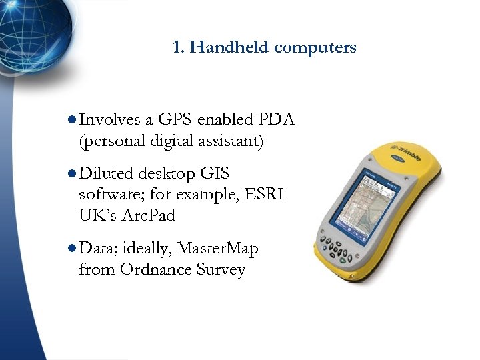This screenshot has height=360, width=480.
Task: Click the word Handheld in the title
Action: pos(229,47)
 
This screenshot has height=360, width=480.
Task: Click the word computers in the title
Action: pos(315,47)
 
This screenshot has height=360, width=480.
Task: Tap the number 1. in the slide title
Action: pos(178,47)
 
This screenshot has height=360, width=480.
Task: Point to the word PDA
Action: pos(277,119)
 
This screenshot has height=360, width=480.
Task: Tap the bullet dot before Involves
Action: pos(72,120)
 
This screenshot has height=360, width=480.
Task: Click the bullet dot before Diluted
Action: pos(72,175)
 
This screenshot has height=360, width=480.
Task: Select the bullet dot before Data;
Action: pos(72,249)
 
